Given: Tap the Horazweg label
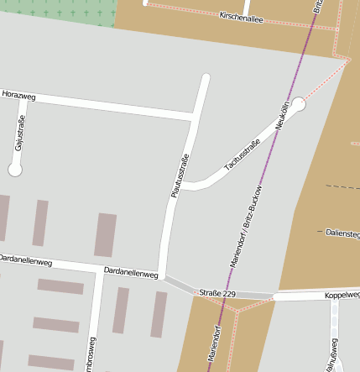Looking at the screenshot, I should click(x=18, y=96).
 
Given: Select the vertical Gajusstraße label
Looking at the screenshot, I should click(x=18, y=134).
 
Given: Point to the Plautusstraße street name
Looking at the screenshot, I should click(x=178, y=176).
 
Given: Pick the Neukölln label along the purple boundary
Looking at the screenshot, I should click(x=283, y=114).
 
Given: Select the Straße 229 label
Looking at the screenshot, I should click(x=217, y=292).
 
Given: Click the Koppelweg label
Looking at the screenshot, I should click(x=342, y=295).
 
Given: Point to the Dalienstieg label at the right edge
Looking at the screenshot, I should click(x=342, y=231).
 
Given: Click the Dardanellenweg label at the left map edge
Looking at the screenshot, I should click(x=25, y=261).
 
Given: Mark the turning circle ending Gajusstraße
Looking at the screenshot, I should click(x=14, y=170).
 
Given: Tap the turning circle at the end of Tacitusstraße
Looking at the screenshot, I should click(x=298, y=103).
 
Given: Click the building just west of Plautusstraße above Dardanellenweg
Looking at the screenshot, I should click(x=105, y=234).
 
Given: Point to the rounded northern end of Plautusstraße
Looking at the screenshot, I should click(x=205, y=79).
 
